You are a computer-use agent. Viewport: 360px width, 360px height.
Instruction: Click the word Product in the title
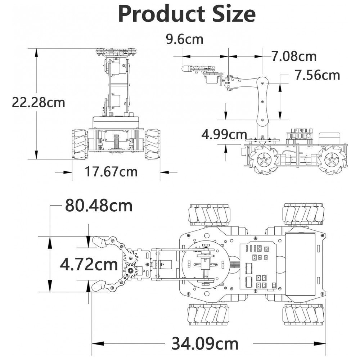[x=161, y=14]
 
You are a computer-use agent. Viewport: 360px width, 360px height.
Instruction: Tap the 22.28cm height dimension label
[x=39, y=102]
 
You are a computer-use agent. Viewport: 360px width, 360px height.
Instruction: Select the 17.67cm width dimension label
[x=111, y=171]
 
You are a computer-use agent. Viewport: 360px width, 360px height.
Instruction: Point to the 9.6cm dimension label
[x=185, y=39]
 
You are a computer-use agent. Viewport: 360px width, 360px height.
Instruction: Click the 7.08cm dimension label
[x=294, y=56]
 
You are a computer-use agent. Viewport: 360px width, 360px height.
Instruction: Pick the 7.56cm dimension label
[x=317, y=75]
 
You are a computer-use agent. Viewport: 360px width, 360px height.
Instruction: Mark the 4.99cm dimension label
[x=224, y=135]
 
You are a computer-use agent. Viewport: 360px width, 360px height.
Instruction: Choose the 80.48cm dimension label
[x=99, y=206]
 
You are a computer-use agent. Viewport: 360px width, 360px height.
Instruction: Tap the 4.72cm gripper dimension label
[x=89, y=264]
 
